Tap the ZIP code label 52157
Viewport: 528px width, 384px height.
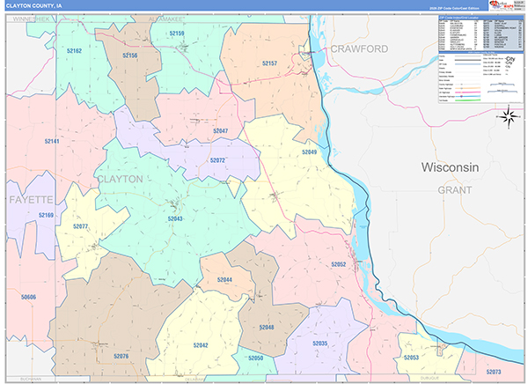(x=269, y=63)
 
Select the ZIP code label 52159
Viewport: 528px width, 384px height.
(x=177, y=33)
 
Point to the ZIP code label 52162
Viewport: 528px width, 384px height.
(x=73, y=51)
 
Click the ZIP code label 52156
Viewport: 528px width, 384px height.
(x=129, y=55)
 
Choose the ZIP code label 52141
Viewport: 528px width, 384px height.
(x=52, y=141)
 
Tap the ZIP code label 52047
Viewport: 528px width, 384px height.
(x=220, y=130)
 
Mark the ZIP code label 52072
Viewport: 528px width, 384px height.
(x=217, y=160)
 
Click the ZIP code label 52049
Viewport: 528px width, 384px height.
(x=309, y=152)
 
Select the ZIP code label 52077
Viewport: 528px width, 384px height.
(x=80, y=226)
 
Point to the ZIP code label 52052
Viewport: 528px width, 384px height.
(x=339, y=264)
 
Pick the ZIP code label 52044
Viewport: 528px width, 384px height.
(x=224, y=279)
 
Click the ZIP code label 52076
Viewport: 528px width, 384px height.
(x=121, y=356)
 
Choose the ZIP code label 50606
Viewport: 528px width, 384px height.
(x=28, y=297)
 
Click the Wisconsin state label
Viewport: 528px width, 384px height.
(x=449, y=167)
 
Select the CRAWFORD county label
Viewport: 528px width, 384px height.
(x=359, y=49)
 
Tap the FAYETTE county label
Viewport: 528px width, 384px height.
(x=32, y=199)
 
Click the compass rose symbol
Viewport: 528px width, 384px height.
(x=508, y=116)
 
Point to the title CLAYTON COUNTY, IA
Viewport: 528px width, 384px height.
(x=35, y=5)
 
